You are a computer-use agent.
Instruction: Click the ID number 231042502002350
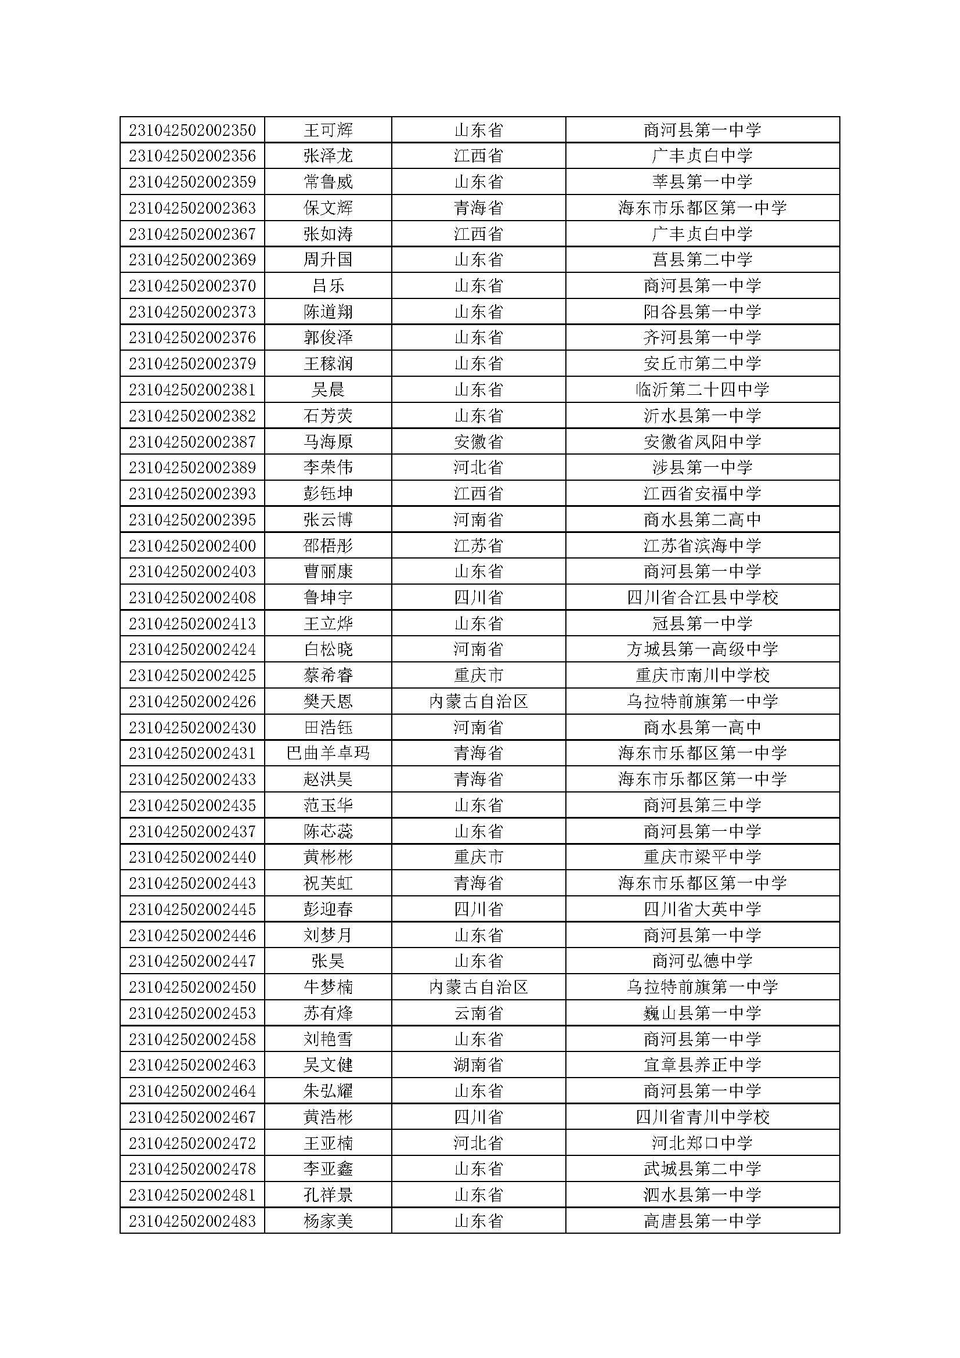tap(192, 130)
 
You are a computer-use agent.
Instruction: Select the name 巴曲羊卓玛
tap(328, 753)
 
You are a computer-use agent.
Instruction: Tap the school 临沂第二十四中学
tap(702, 390)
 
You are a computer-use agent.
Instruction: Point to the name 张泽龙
tap(328, 156)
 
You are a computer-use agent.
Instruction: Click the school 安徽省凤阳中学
tap(702, 442)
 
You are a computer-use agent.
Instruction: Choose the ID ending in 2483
tap(192, 1221)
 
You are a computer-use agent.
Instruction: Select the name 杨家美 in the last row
tap(328, 1221)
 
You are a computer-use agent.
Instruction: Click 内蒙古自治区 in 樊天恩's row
tap(478, 701)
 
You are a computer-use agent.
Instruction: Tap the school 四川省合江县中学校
tap(702, 597)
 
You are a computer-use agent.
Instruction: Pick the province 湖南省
tap(478, 1065)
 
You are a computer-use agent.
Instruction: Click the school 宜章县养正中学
tap(702, 1065)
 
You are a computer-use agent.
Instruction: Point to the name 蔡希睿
tap(328, 675)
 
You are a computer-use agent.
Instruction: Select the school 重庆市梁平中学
tap(702, 857)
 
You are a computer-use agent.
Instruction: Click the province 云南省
tap(478, 1013)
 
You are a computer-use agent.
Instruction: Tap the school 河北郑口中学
tap(702, 1143)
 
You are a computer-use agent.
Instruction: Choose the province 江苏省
tap(478, 545)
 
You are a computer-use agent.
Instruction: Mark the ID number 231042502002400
tap(192, 545)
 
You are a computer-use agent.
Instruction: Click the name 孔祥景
tap(328, 1195)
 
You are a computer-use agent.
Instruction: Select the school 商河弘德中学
tap(702, 961)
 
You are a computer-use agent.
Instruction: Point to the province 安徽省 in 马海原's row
tap(478, 442)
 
